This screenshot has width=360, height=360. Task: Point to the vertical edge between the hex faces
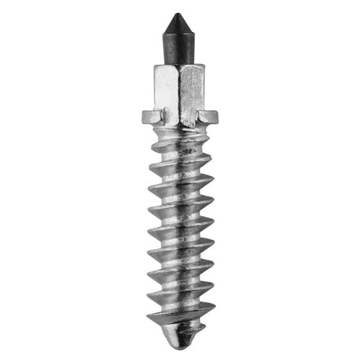181,90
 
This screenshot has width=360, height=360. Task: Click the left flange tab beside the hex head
151,117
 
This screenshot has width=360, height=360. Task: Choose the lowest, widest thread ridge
180,316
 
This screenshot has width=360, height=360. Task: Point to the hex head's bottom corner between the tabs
181,123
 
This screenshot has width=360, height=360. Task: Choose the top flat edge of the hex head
181,67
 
